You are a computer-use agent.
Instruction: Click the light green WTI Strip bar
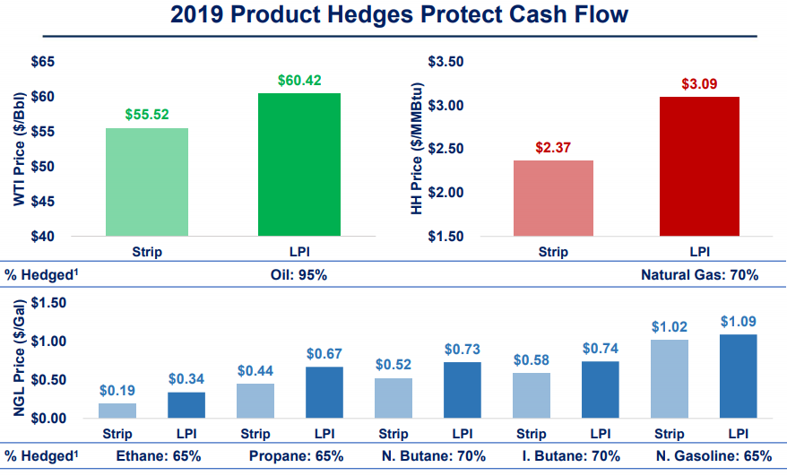click(147, 182)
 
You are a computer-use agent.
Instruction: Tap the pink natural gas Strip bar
click(553, 198)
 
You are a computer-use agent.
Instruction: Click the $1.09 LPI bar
click(739, 376)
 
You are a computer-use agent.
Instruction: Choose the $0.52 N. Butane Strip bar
click(393, 398)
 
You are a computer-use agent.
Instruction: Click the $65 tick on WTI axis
click(42, 62)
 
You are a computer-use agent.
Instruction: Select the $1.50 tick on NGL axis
click(48, 303)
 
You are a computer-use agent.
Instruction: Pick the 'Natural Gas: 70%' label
click(700, 274)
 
